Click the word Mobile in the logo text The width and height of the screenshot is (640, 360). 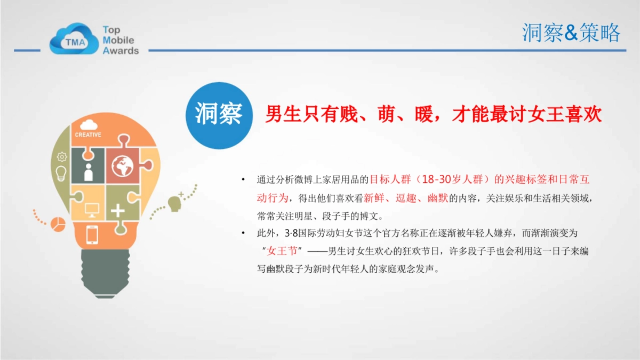118,40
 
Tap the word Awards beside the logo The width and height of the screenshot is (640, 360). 121,51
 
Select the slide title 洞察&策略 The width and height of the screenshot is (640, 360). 571,33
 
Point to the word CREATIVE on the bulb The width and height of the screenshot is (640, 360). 88,135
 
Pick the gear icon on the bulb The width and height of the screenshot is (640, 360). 62,156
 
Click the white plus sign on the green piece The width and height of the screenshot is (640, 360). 118,210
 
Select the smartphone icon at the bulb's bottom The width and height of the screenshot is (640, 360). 92,235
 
